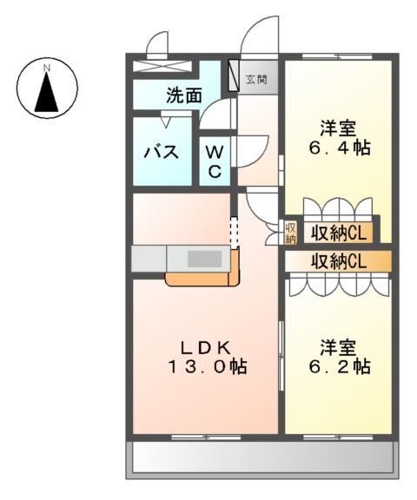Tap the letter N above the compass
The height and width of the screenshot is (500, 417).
pos(47,65)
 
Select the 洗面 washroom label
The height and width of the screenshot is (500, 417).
pos(184,96)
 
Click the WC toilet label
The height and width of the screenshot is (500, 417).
pos(214,161)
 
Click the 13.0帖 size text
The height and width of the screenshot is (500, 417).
pos(207,367)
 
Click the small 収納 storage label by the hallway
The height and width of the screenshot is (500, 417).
pos(291,233)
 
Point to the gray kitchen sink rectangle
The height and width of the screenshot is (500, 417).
pos(205,259)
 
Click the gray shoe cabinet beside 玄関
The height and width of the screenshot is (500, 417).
pos(234,76)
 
